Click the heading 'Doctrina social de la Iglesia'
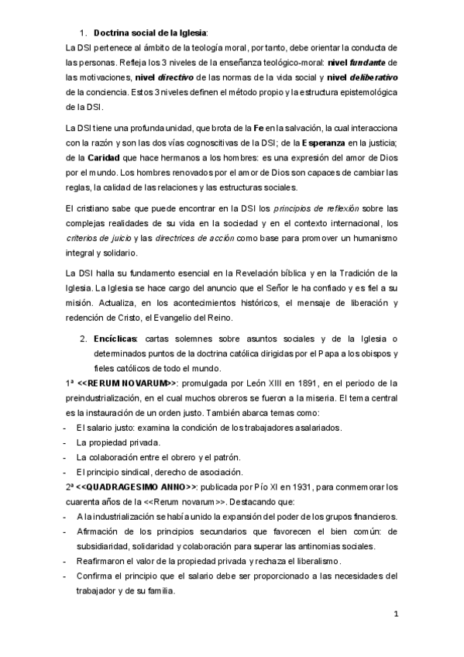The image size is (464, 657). point(150,33)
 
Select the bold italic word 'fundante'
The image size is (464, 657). point(369,62)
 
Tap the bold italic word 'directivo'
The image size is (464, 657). point(175,77)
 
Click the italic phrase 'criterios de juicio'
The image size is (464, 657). point(89,223)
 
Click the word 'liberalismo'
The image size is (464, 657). point(310,561)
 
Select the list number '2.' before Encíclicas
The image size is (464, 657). point(83,339)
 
